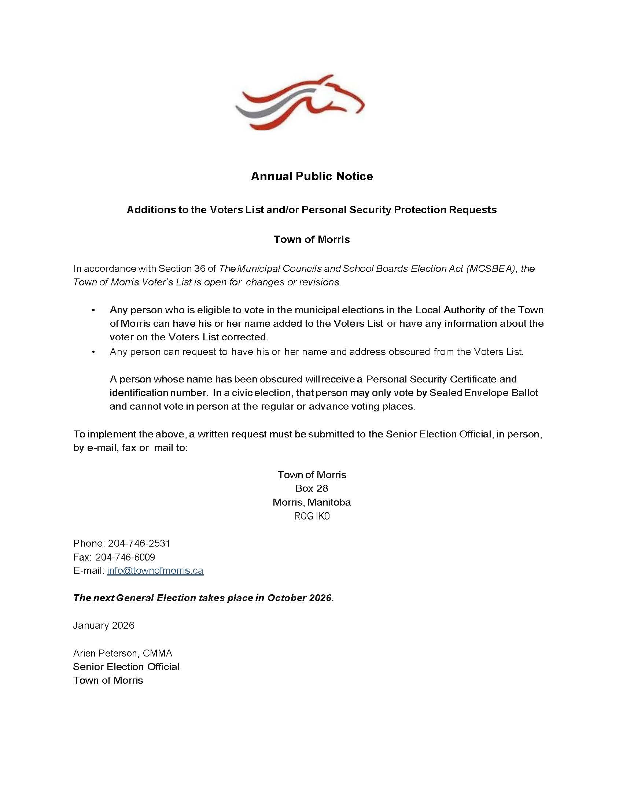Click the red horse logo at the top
click(x=300, y=102)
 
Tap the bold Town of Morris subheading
click(x=311, y=239)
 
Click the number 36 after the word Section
click(x=199, y=269)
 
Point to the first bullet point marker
click(x=93, y=310)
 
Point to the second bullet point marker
click(x=93, y=352)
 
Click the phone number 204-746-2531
click(x=139, y=543)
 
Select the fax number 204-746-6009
click(x=125, y=557)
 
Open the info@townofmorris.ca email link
click(x=155, y=570)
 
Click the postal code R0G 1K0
click(x=312, y=516)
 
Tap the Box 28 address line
click(x=311, y=488)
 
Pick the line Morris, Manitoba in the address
click(x=311, y=502)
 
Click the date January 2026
click(x=104, y=625)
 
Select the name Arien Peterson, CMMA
click(x=122, y=653)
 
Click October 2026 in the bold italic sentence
click(x=301, y=598)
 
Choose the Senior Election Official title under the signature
click(x=126, y=666)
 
